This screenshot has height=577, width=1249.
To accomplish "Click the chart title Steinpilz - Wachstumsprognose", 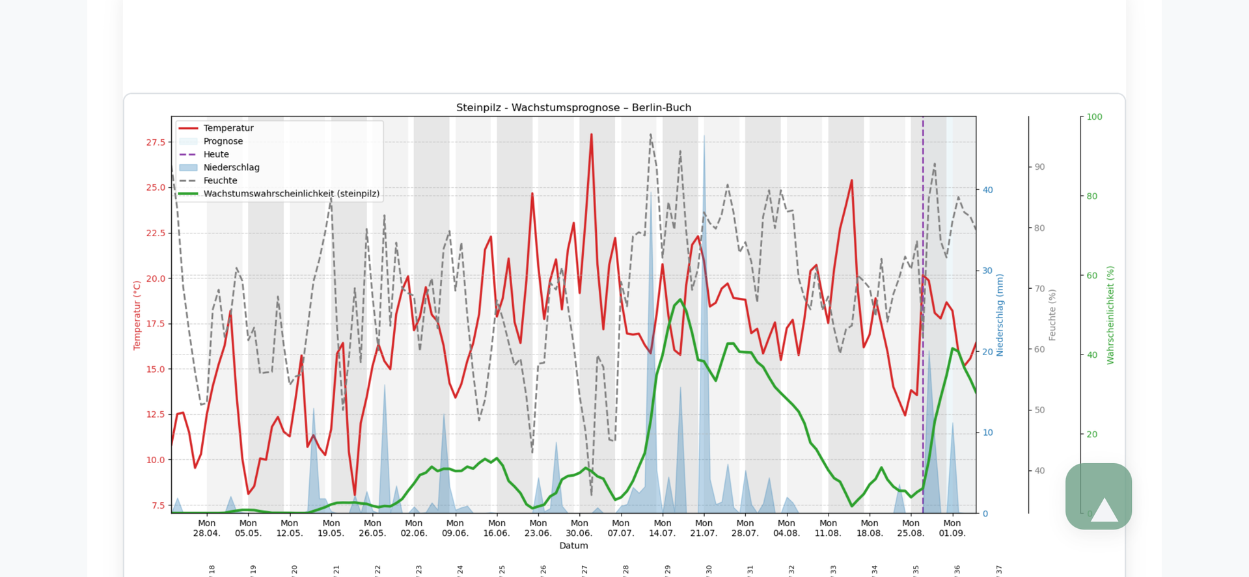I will point(573,108).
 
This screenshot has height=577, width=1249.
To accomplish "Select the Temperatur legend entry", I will point(228,128).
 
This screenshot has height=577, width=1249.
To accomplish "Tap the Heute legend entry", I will point(215,154).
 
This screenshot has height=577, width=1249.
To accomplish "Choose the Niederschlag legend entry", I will point(231,167).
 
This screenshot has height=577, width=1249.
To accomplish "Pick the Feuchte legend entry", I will point(220,180).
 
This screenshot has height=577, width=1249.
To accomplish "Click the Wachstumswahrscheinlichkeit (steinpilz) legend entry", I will point(291,194).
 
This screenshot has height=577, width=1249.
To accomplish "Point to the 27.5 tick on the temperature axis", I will point(156,142).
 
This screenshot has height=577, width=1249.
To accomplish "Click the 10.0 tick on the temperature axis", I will point(156,460).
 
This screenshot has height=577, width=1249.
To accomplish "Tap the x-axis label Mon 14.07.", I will point(662,528).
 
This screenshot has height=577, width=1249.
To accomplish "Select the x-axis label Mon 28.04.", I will point(206,528).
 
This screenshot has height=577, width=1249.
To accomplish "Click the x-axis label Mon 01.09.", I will point(952,528).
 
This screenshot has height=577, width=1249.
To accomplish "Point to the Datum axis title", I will point(573,546).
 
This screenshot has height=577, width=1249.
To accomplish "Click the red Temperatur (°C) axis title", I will point(137,315).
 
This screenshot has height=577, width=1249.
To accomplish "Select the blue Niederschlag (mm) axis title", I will point(1000,315).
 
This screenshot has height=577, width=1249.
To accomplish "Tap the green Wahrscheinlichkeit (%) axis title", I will point(1110,315).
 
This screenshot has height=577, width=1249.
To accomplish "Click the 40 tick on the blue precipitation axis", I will point(987,190).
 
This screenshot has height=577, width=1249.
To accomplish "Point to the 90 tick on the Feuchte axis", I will point(1039,167).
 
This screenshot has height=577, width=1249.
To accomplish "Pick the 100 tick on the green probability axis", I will point(1094,117).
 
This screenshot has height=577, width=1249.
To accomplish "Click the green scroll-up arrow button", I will point(1099,496).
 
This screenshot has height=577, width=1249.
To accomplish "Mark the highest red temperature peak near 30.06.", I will point(591,135).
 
